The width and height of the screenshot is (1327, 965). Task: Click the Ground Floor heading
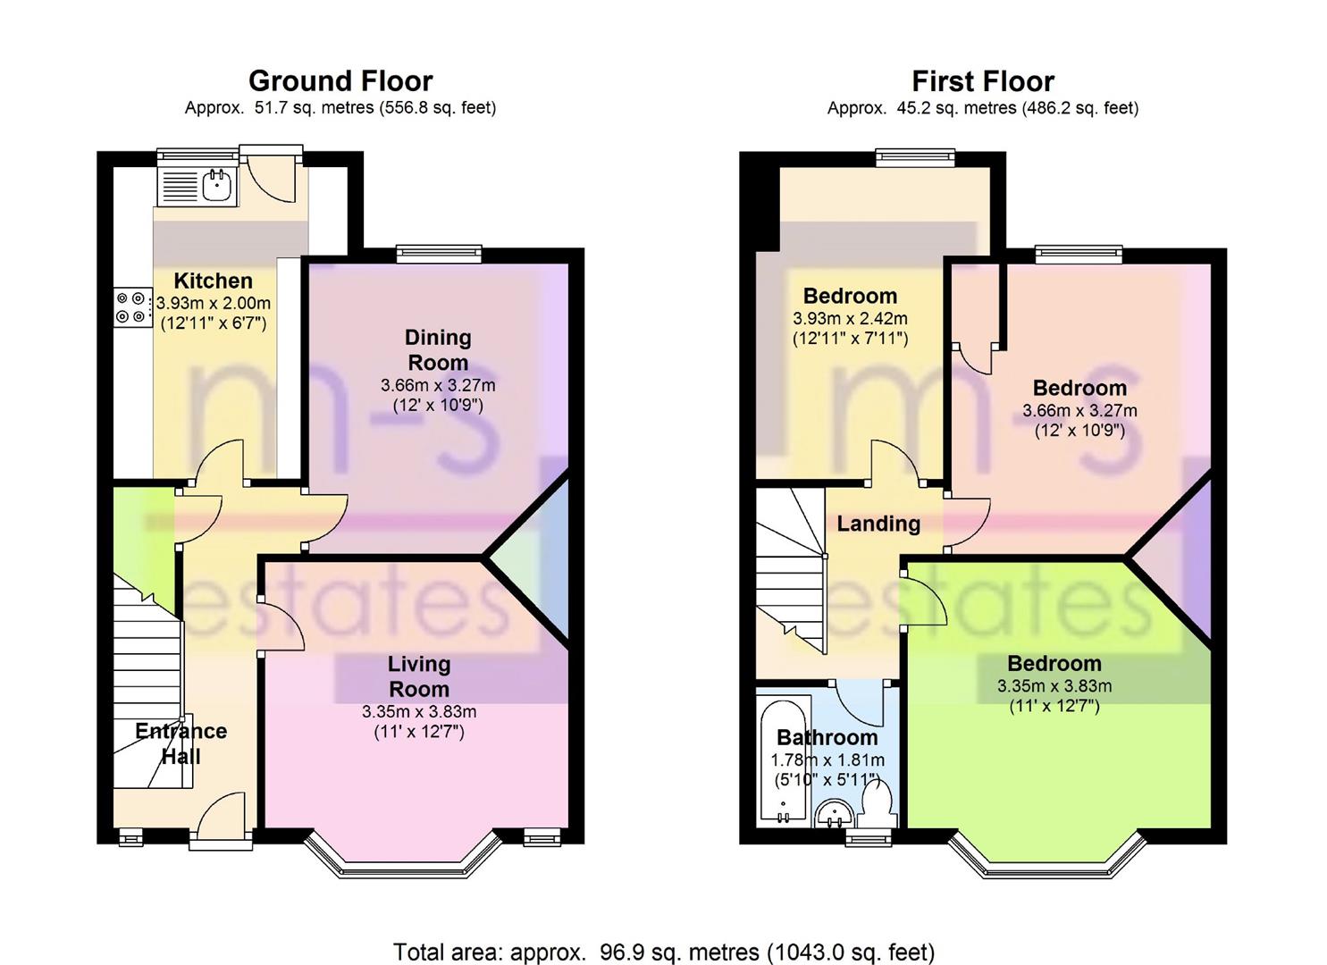click(x=340, y=81)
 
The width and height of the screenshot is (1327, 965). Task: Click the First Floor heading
click(x=983, y=81)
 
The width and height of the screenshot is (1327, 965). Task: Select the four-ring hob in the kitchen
click(x=130, y=307)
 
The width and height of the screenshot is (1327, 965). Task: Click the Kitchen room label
click(x=214, y=281)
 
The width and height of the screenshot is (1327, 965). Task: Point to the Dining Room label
click(x=438, y=349)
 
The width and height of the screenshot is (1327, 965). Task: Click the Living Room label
click(x=419, y=675)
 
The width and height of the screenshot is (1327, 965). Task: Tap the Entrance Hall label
click(x=181, y=743)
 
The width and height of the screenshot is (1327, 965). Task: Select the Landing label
click(x=878, y=523)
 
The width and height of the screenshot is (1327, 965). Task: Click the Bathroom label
click(x=827, y=737)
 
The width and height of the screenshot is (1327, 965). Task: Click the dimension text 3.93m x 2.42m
click(x=850, y=319)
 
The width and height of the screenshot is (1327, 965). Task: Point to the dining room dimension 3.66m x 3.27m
click(x=438, y=385)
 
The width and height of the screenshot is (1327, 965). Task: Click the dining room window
click(x=439, y=253)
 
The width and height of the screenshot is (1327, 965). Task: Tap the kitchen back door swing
click(x=270, y=177)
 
